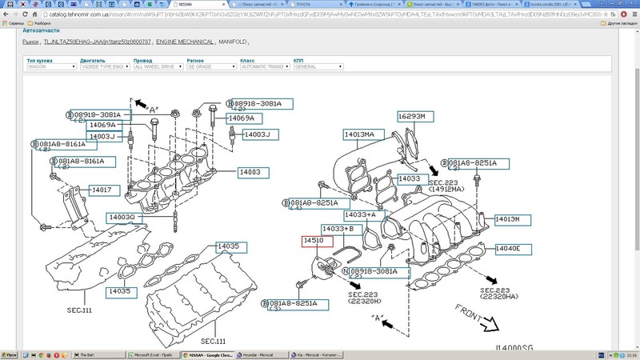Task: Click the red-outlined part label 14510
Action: (312, 241)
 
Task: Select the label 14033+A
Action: (359, 215)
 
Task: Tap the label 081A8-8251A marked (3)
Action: (293, 304)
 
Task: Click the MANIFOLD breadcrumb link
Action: (232, 42)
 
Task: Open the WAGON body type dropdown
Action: (50, 67)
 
